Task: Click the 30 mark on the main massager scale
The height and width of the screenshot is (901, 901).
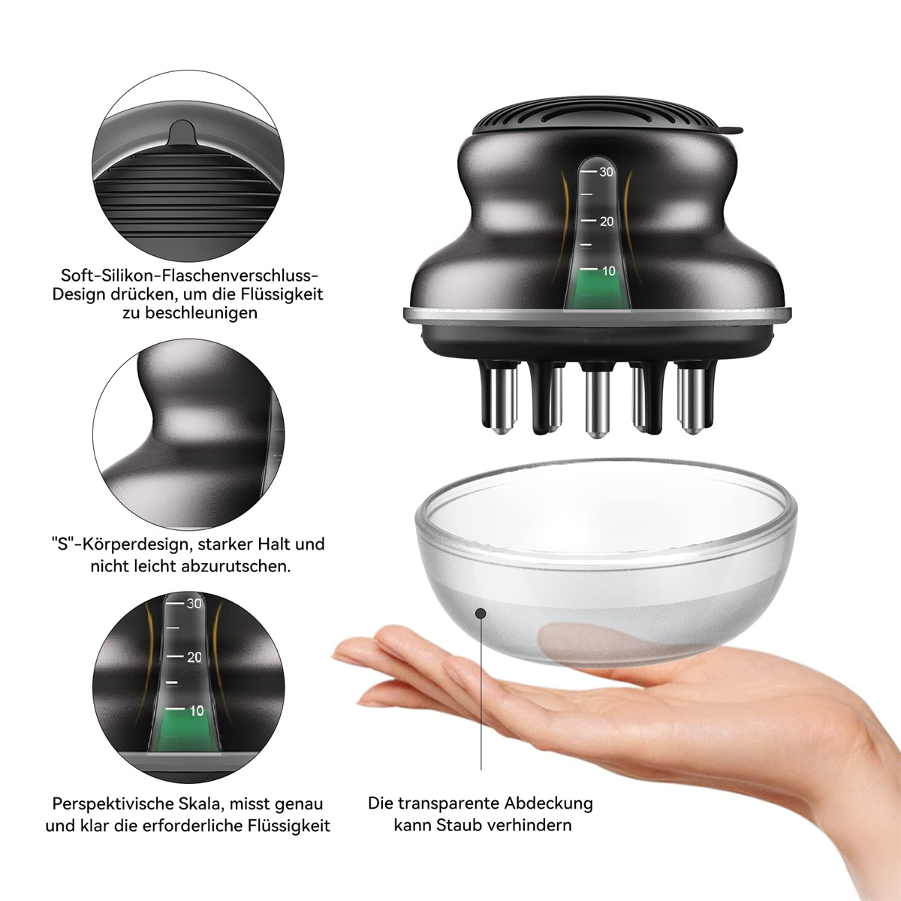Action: pos(606,172)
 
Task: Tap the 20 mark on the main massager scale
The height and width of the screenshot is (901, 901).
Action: pos(607,221)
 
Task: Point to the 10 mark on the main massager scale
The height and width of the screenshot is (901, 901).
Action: pos(608,271)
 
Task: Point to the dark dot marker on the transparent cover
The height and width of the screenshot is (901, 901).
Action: pos(481,613)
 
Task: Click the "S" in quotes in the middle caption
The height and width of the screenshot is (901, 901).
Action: pos(62,544)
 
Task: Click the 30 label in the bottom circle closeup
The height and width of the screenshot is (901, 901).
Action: pos(194,604)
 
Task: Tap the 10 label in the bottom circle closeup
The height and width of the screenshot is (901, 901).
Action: pos(197,711)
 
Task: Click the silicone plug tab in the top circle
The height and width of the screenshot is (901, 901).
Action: pos(182,133)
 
